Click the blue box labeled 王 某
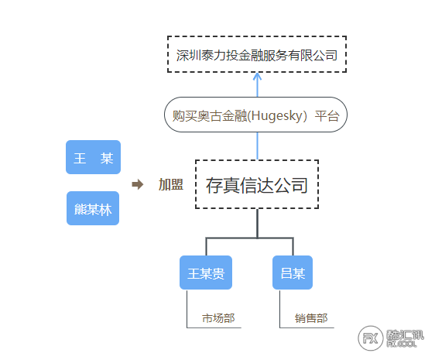click(x=93, y=157)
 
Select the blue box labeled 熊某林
click(x=93, y=208)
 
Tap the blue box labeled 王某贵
click(x=206, y=273)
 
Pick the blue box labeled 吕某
click(x=293, y=273)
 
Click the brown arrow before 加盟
click(x=138, y=184)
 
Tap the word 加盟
click(x=170, y=184)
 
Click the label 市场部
click(x=218, y=318)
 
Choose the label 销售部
click(x=311, y=318)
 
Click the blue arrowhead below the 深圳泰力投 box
click(x=257, y=77)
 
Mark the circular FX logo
click(x=371, y=338)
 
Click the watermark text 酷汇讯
click(x=406, y=335)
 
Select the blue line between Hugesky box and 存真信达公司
click(x=257, y=146)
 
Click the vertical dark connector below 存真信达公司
click(x=258, y=223)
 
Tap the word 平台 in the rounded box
click(x=327, y=116)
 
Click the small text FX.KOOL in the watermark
click(x=402, y=345)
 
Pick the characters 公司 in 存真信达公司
click(x=291, y=185)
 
